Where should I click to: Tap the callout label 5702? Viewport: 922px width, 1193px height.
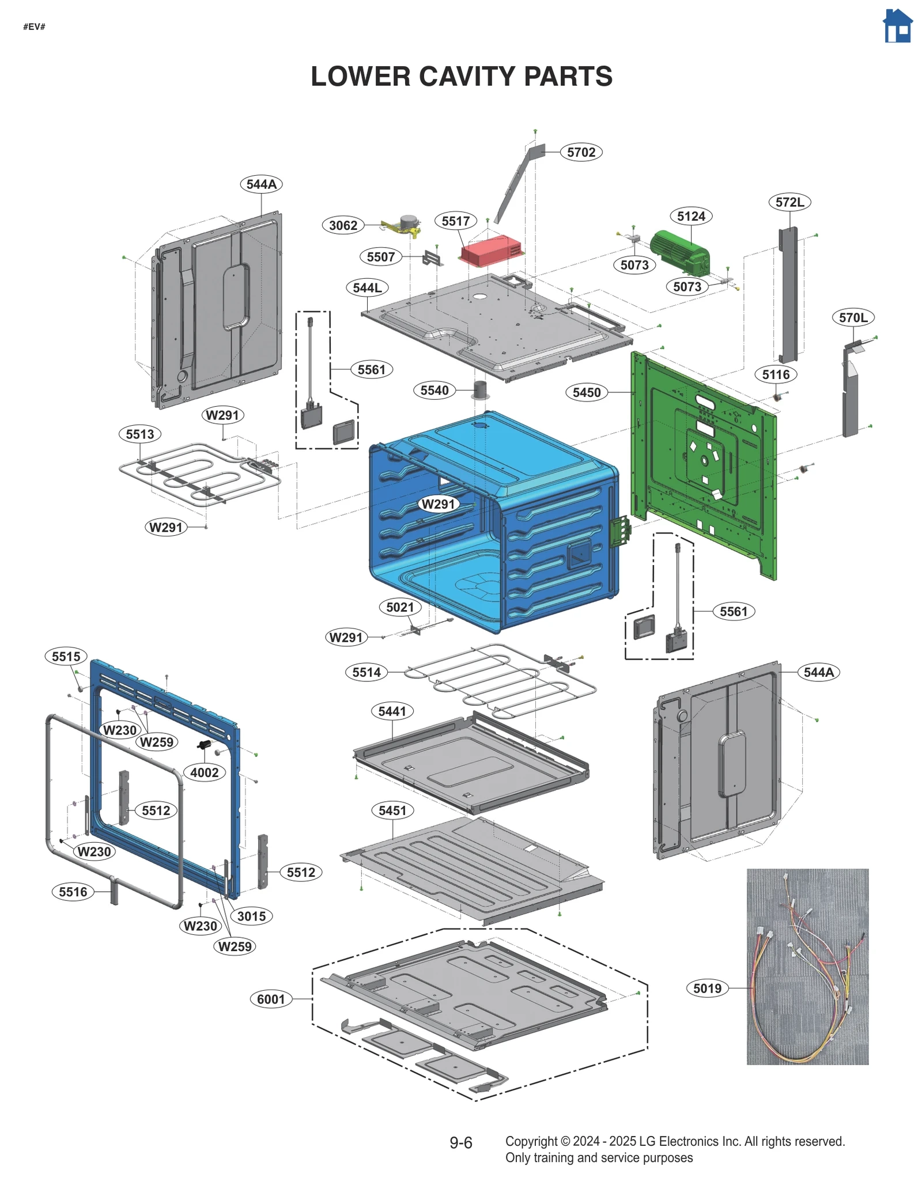580,152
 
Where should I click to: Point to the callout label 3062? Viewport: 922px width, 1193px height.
343,225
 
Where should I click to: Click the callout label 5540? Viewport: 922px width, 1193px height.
434,391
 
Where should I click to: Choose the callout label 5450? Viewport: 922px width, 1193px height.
586,392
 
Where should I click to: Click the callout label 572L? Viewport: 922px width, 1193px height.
789,202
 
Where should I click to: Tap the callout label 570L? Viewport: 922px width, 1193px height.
852,317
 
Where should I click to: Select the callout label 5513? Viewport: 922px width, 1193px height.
139,434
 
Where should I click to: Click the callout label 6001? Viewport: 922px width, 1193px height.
270,999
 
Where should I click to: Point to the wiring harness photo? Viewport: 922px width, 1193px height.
807,966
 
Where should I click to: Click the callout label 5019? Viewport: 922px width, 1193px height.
706,989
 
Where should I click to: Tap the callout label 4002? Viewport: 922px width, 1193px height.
204,772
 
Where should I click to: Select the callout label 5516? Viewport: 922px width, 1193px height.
73,892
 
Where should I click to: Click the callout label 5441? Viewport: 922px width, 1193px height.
392,711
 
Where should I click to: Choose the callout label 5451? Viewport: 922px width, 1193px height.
392,811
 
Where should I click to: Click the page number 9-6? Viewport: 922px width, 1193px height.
460,1143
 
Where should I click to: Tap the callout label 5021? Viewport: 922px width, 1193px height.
399,607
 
